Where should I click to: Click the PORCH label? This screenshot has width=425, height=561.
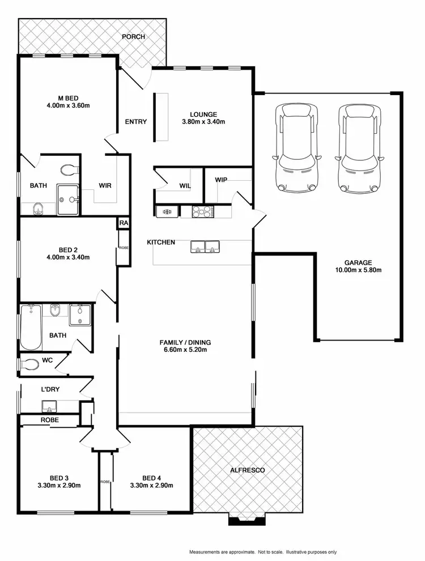coord(133,37)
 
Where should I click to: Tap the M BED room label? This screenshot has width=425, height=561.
coord(68,97)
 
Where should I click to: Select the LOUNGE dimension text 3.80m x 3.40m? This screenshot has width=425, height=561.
coord(204,122)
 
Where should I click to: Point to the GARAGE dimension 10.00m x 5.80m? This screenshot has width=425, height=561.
coord(358,270)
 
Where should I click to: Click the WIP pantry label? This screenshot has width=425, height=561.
coord(221,180)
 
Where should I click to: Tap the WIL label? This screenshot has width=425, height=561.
coord(185,185)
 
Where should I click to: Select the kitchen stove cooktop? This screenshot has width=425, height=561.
coord(203,211)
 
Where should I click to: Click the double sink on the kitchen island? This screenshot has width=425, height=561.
coord(205,246)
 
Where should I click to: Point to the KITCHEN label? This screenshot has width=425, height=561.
coord(161,243)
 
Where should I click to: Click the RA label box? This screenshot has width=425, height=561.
coord(124,223)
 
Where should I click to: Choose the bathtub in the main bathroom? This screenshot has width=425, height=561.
coord(30,328)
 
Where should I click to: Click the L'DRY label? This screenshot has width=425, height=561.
coord(51,390)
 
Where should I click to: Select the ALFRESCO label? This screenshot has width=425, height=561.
coord(247,470)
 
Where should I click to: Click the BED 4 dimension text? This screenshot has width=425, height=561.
coord(151,486)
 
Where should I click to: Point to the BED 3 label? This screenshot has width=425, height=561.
coord(59,478)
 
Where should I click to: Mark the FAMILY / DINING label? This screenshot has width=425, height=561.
coord(185,342)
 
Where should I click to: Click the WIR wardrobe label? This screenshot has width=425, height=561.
coord(105,185)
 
